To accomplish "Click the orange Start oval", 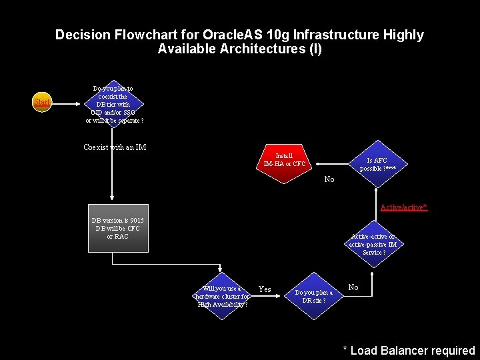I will click(42, 103).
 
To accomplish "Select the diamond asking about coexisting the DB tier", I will click(113, 105).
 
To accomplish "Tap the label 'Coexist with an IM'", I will click(115, 147).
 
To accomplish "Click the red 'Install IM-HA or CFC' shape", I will click(285, 161).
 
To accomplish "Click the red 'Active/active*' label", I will click(403, 207).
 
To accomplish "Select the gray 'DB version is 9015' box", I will click(118, 228).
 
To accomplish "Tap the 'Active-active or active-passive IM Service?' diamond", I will click(373, 244).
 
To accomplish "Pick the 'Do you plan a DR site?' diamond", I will click(313, 295).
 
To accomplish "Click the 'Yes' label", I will click(265, 289).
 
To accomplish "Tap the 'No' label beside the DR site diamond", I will click(353, 287).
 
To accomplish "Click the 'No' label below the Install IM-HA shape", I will click(329, 179).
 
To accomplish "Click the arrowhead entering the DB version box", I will click(111, 199).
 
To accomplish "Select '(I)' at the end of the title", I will click(313, 49).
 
